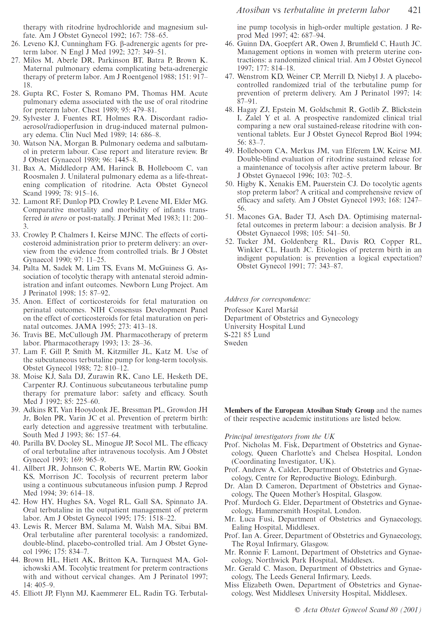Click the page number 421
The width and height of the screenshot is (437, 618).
tap(414, 10)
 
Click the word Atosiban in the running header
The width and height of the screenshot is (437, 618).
tap(253, 10)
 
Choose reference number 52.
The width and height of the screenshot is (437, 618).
tap(229, 241)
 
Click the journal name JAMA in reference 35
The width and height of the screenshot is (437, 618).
tap(86, 326)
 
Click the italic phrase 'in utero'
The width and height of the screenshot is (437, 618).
tap(55, 218)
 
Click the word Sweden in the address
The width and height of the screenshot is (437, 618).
tap(236, 343)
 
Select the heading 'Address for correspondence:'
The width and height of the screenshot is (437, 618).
tap(267, 299)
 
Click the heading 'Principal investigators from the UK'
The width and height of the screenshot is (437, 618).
tap(279, 436)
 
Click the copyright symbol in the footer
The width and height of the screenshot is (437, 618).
tap(297, 610)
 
